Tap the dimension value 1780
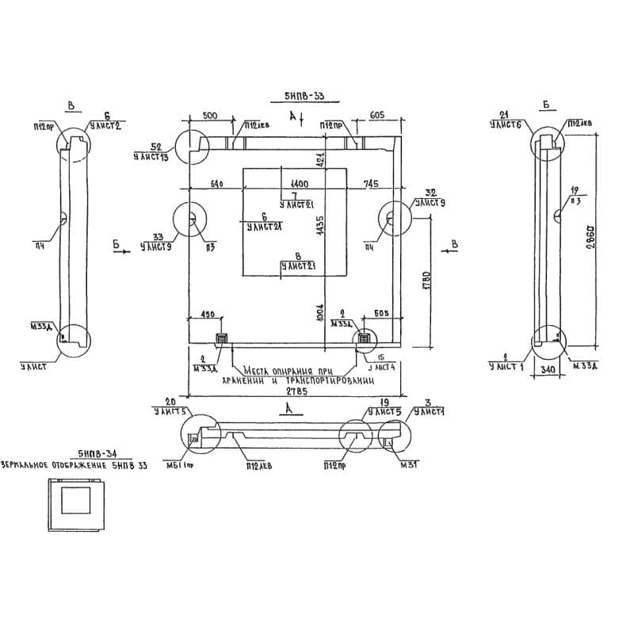(426, 282)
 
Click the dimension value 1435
(319, 227)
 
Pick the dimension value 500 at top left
(210, 116)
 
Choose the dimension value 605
(377, 116)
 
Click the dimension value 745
(372, 184)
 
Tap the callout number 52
(155, 147)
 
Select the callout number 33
(157, 236)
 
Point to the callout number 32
(431, 193)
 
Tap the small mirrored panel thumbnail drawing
(75, 506)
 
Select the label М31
(408, 464)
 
